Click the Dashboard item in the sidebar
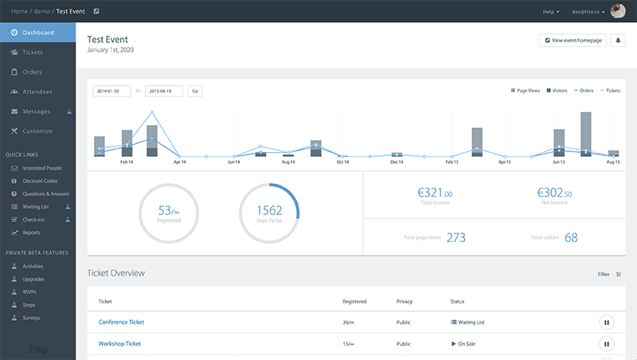tap(38, 33)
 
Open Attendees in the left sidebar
tap(37, 92)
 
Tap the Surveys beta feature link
tap(33, 317)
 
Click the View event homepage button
tap(572, 41)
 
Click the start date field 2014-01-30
tap(111, 91)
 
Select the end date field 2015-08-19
tap(164, 91)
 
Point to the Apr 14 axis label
tap(179, 162)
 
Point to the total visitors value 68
tap(571, 237)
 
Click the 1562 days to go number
tap(269, 211)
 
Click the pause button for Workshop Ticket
tap(606, 344)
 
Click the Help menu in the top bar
tap(551, 12)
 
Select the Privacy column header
tap(404, 302)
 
